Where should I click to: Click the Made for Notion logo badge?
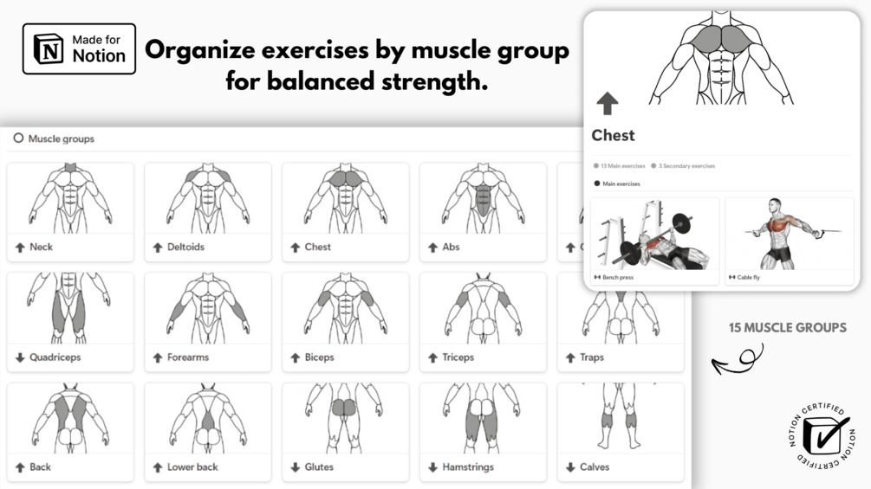coord(79,48)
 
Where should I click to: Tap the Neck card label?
coord(41,248)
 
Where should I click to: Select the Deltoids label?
coord(185,248)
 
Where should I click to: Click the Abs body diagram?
coord(484,198)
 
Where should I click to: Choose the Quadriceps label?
coord(55,357)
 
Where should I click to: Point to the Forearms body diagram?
coord(208,308)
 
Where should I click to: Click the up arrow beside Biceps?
coord(295,358)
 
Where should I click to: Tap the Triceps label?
coord(458,357)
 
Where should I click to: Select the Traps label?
coord(592,357)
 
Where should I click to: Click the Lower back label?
coord(192,467)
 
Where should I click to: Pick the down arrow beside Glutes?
coord(295,467)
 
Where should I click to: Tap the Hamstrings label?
coord(468,467)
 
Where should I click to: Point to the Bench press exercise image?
coord(654,234)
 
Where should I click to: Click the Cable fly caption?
coord(748,277)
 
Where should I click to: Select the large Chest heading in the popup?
coord(613,135)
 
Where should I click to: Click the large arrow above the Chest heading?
coord(608,104)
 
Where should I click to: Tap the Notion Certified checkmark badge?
coord(822,436)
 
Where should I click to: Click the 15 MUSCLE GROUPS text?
coord(788,328)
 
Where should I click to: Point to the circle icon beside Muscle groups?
coord(18,138)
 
